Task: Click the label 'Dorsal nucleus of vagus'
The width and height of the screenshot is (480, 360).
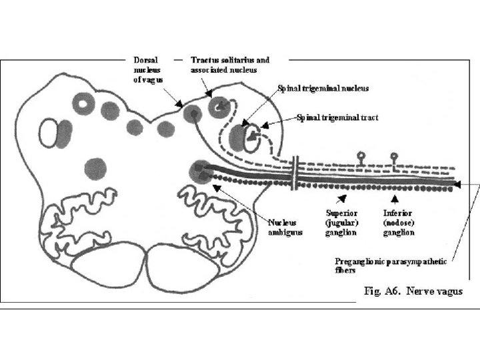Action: [x=149, y=69]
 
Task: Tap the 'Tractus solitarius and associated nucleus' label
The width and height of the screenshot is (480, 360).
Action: [x=230, y=65]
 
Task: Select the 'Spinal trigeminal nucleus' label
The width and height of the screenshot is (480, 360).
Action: [x=323, y=88]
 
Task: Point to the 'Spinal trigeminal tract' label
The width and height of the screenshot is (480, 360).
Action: [x=338, y=117]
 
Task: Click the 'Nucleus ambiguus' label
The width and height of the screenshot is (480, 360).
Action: [x=285, y=227]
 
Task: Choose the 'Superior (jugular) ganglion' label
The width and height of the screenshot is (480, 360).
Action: [x=341, y=223]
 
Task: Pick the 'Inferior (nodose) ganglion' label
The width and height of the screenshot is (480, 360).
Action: [x=399, y=223]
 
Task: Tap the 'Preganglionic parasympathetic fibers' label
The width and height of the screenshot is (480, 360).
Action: [x=390, y=265]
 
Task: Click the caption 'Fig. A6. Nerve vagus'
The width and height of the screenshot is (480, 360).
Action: [x=413, y=291]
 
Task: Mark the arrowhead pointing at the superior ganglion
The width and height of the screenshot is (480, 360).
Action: [x=343, y=198]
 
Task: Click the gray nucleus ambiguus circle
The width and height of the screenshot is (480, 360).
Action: [x=199, y=172]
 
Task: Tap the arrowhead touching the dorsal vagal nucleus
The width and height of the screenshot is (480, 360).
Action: [x=180, y=105]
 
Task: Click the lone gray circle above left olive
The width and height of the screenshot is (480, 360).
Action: [x=96, y=169]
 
